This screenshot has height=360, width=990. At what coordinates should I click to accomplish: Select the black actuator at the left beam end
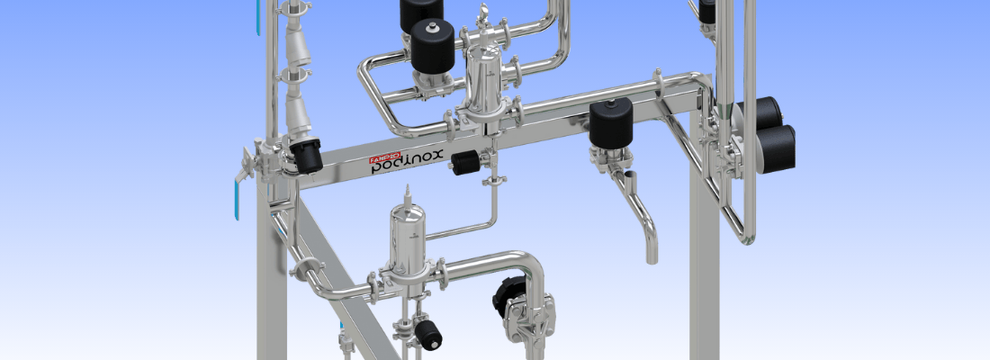(306, 157)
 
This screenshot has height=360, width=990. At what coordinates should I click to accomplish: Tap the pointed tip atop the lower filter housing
(408, 191)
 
